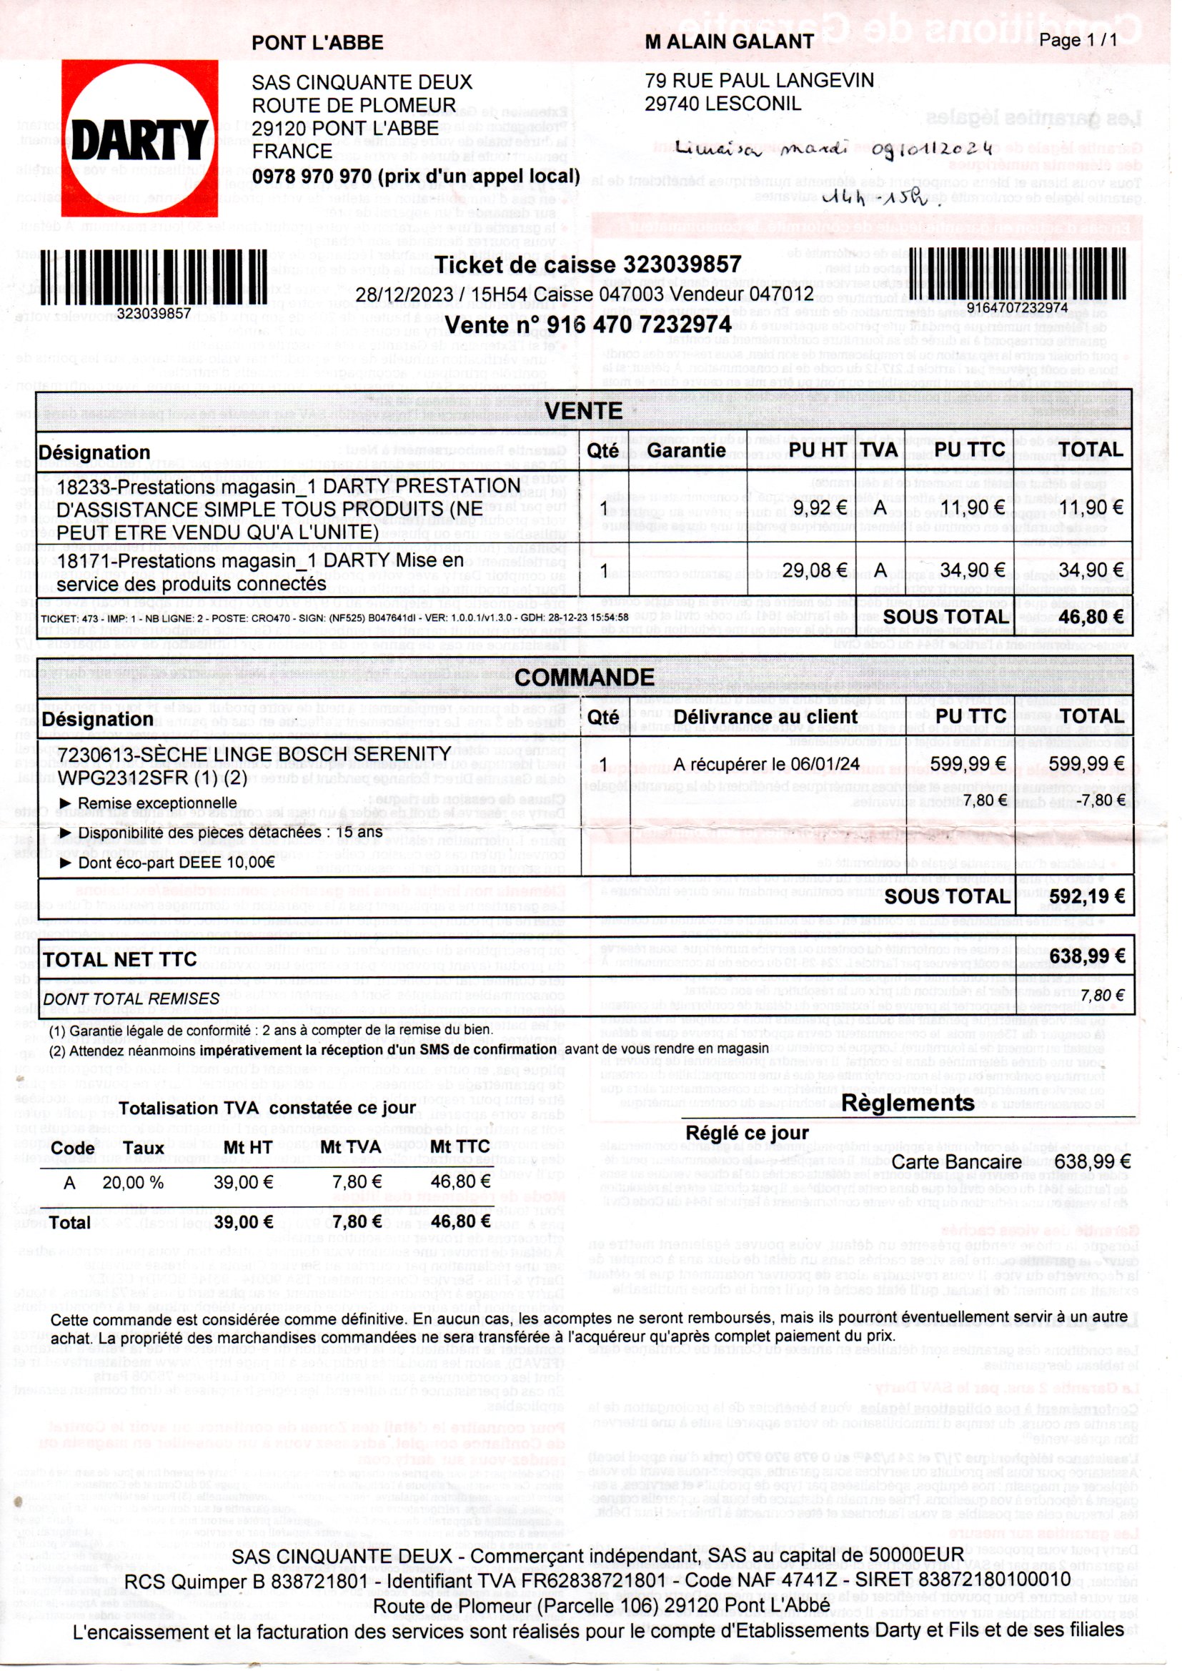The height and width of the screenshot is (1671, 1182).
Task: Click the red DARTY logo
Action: (140, 138)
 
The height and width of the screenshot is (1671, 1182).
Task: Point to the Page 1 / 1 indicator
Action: (1078, 41)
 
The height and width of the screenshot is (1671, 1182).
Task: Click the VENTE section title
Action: (584, 411)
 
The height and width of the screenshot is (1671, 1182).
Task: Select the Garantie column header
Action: (686, 450)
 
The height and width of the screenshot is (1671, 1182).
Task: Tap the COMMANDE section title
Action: (585, 678)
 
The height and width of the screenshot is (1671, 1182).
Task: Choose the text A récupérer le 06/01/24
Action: (766, 763)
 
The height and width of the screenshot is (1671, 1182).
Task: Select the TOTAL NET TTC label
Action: (120, 960)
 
